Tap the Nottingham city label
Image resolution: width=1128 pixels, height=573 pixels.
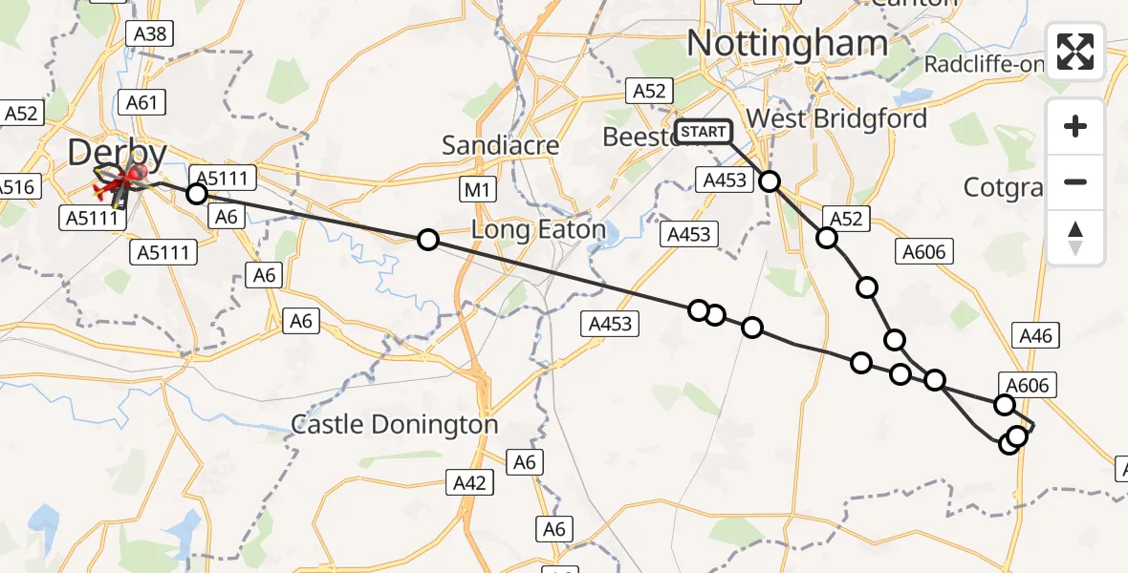[x=787, y=44]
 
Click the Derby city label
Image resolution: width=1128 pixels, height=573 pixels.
[x=117, y=153]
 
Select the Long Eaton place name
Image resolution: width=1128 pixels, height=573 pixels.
[x=539, y=230]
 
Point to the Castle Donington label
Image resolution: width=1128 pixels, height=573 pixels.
[x=394, y=424]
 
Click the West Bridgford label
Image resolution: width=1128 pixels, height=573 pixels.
[x=836, y=118]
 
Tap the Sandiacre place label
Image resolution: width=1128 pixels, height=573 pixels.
[x=500, y=145]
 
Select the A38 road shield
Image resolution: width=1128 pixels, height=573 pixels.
[x=150, y=34]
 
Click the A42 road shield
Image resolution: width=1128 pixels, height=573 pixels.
[x=470, y=483]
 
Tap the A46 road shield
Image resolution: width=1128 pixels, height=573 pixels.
[x=1035, y=335]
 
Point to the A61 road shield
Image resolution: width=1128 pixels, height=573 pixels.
[x=141, y=102]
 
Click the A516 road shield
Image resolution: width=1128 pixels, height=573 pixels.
[x=16, y=186]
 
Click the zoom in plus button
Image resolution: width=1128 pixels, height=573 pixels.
[x=1076, y=126]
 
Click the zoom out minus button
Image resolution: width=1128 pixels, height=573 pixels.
[x=1076, y=181]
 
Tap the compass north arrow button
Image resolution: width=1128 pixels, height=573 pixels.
[x=1076, y=237]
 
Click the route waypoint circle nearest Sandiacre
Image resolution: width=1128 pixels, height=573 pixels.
[x=428, y=240]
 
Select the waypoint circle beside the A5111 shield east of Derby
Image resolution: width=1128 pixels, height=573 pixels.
[x=196, y=194]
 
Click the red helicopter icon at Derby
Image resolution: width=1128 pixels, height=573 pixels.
[x=134, y=173]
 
